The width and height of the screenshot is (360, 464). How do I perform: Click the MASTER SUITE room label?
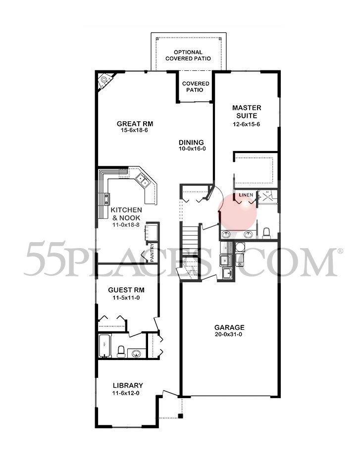247,111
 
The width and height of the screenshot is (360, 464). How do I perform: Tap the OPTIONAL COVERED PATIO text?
188,55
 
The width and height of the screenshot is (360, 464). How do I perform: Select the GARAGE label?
229,327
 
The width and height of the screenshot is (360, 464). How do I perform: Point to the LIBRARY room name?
128,386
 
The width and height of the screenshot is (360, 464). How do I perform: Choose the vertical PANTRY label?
152,252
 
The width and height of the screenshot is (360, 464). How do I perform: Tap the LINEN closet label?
246,195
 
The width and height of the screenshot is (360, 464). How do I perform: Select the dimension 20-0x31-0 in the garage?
229,335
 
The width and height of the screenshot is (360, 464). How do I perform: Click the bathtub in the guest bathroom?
104,345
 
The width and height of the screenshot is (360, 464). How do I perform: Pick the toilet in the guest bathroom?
120,351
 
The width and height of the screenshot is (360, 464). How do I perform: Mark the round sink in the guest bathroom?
136,353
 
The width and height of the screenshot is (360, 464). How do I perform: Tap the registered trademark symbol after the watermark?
340,251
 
